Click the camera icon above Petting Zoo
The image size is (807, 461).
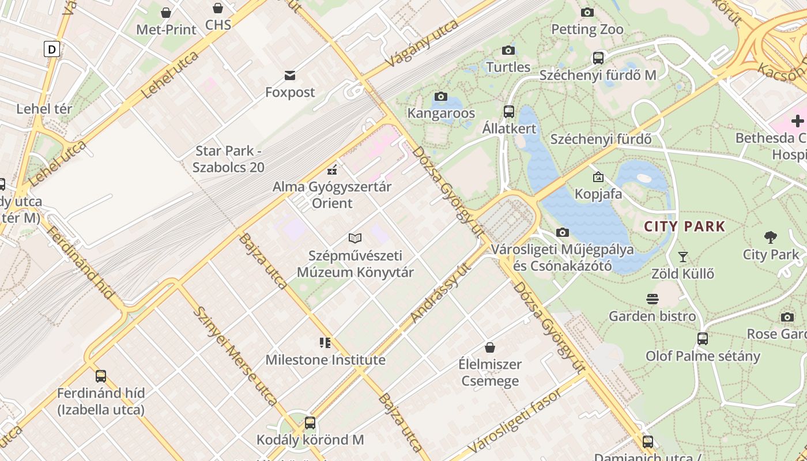pos(587,12)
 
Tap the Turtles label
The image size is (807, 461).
pos(508,67)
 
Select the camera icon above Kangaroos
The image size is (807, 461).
pos(441,96)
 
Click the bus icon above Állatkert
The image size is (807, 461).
pos(509,112)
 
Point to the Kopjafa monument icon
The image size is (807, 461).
pos(598,177)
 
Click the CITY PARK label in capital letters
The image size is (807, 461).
pos(684,226)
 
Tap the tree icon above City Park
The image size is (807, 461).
pos(770,237)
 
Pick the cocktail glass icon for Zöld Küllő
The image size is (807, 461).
pos(683,256)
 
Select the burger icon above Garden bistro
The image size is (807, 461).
pos(653,299)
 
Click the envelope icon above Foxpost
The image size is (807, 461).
pos(290,75)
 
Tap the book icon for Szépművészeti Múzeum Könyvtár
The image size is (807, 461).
pos(355,238)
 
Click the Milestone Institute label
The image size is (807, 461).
pos(325,360)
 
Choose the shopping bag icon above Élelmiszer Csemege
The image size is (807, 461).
pos(489,347)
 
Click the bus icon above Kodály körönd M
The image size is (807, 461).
pos(310,423)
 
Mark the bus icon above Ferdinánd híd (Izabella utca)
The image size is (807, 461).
pos(101,376)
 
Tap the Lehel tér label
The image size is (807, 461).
pos(44,109)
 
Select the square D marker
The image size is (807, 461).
pos(52,49)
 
